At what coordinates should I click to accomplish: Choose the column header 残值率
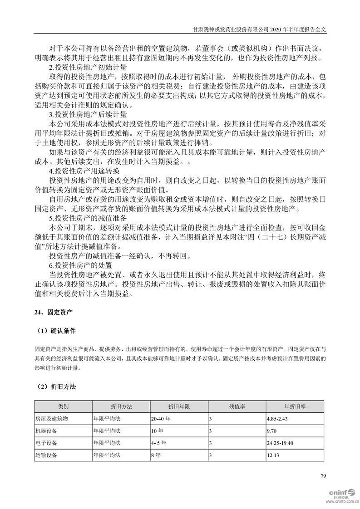(237, 406)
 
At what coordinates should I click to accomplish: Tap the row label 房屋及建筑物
(51, 418)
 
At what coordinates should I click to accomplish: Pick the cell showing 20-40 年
(161, 418)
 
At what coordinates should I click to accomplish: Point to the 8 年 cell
(156, 454)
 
